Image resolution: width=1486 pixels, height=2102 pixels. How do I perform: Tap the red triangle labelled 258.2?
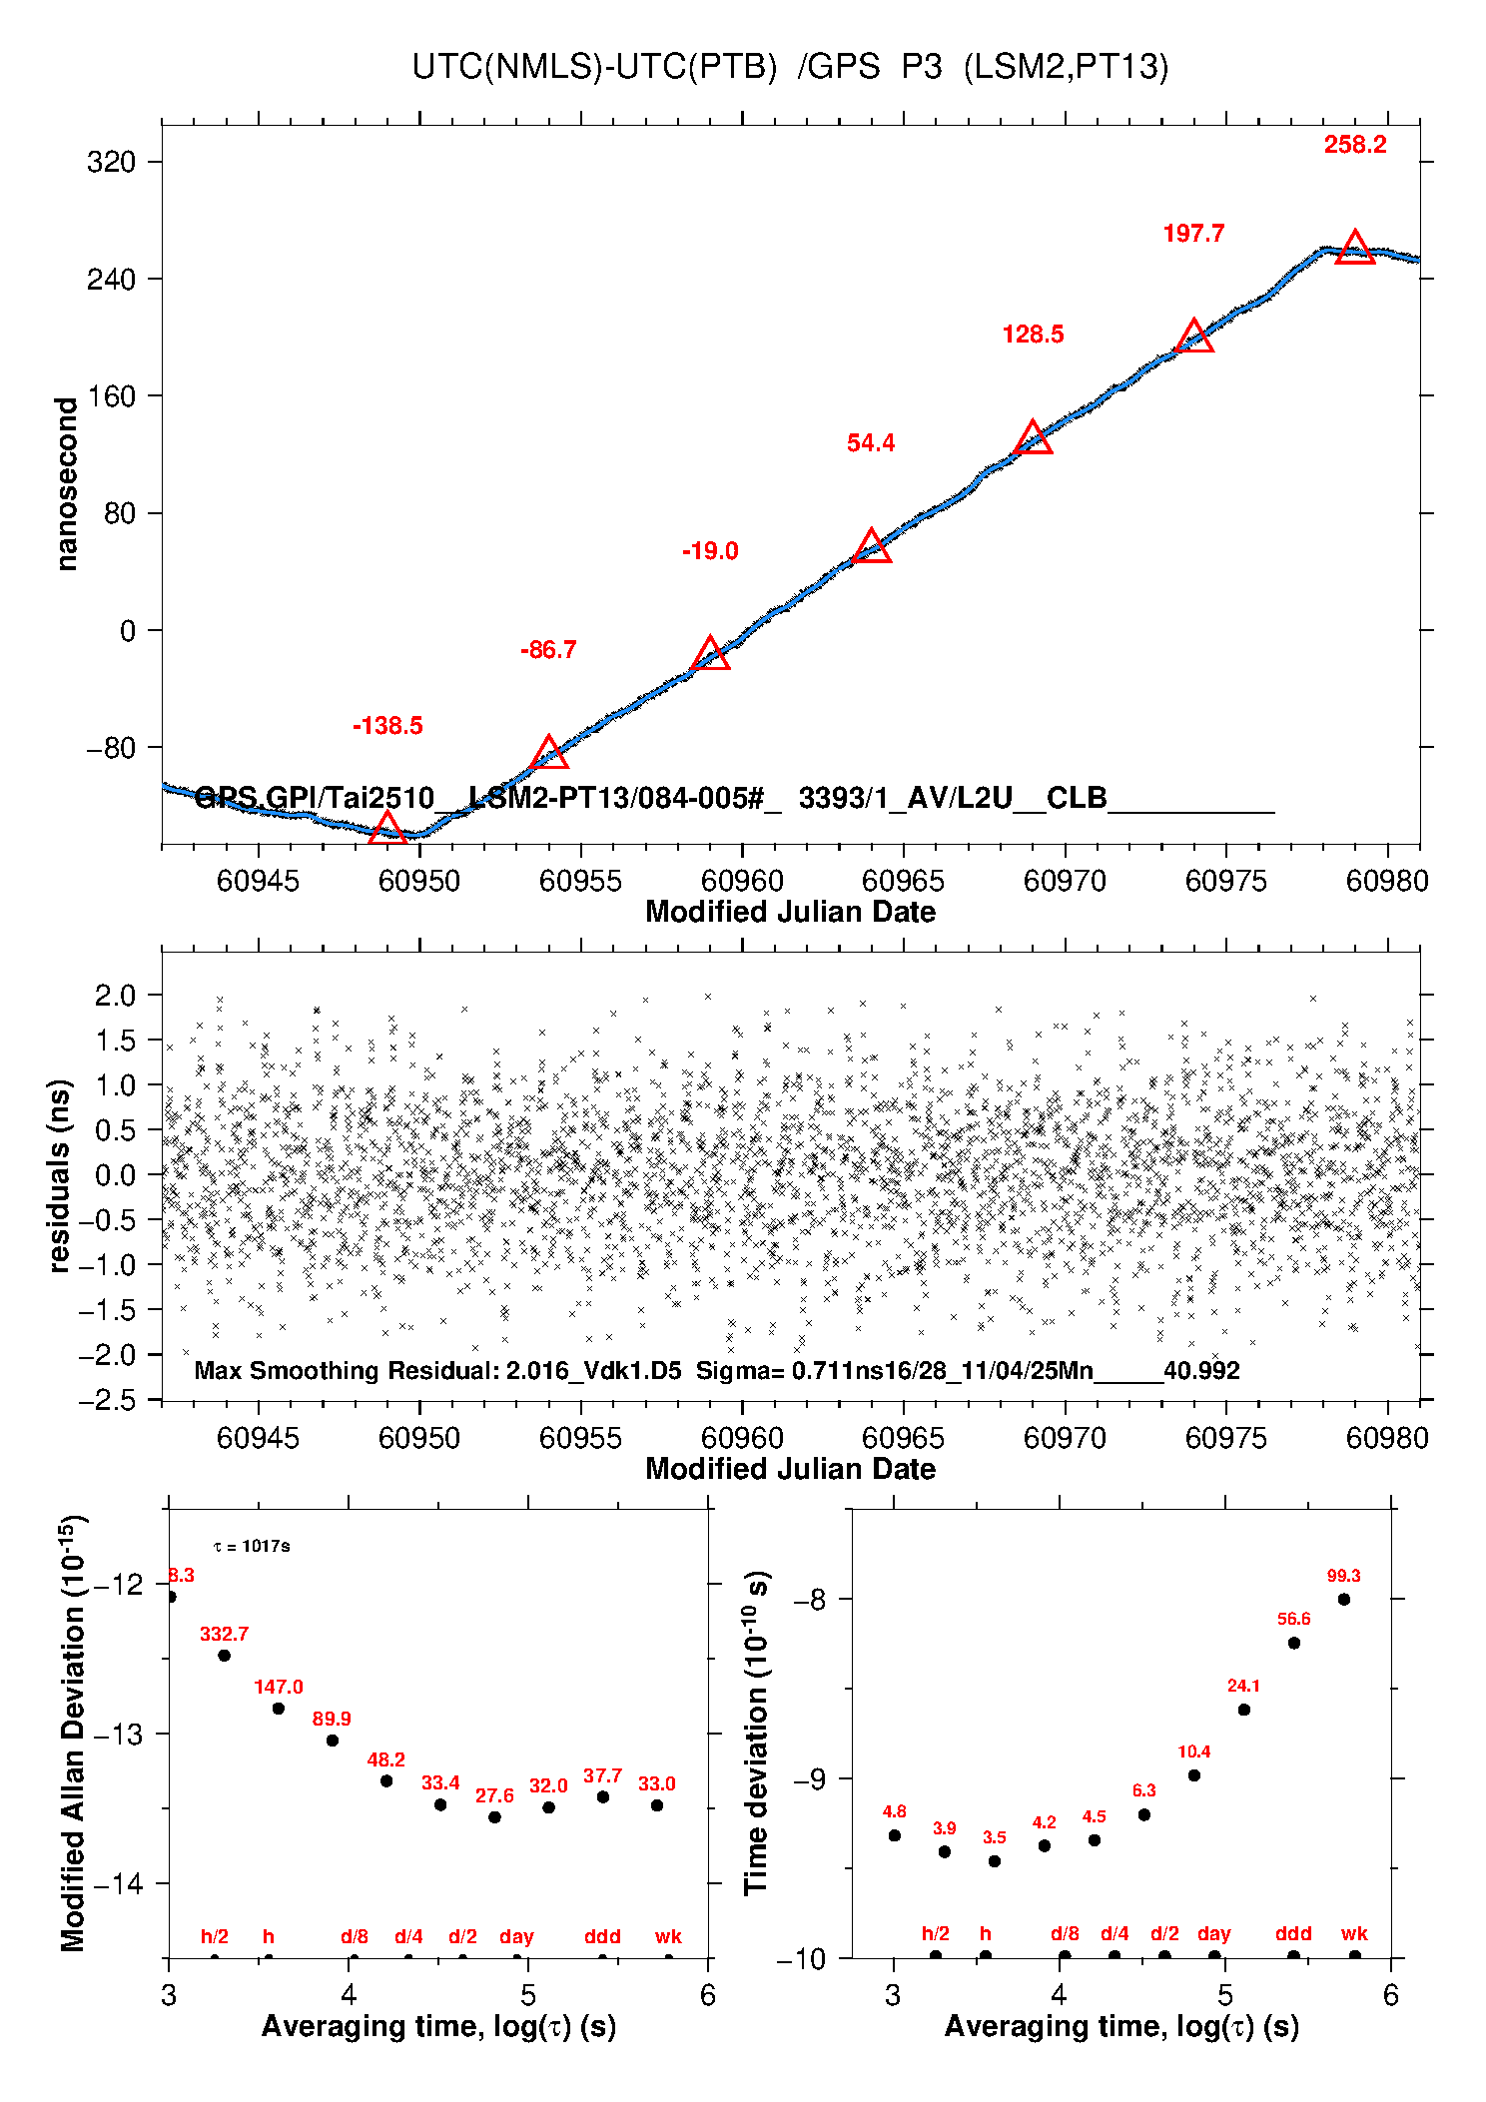(x=1354, y=248)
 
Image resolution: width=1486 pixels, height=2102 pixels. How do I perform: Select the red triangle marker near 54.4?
(x=872, y=547)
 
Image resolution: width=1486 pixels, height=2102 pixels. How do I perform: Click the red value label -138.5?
(x=387, y=726)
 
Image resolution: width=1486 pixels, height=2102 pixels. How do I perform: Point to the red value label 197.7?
(x=1193, y=234)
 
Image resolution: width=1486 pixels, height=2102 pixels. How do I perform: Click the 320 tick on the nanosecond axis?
(x=112, y=162)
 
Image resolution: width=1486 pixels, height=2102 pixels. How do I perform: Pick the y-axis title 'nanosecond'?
(x=66, y=484)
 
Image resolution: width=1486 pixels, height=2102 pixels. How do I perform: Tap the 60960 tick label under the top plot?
(x=742, y=881)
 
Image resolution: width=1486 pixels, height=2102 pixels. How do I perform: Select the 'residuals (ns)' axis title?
(x=60, y=1176)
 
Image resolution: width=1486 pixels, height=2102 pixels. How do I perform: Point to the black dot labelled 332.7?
(x=225, y=1656)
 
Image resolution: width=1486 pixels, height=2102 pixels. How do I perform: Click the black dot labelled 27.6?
(x=494, y=1817)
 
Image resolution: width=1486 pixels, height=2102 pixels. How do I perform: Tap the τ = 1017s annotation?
(x=252, y=1547)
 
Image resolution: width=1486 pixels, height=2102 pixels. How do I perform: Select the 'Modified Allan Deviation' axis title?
(x=72, y=1734)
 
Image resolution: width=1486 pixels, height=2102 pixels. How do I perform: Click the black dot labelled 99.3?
(x=1344, y=1600)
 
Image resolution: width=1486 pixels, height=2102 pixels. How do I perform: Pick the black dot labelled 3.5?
(x=995, y=1861)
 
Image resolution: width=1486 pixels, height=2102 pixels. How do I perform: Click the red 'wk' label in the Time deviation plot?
(x=1354, y=1934)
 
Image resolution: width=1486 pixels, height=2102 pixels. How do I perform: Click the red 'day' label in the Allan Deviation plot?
(x=516, y=1937)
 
